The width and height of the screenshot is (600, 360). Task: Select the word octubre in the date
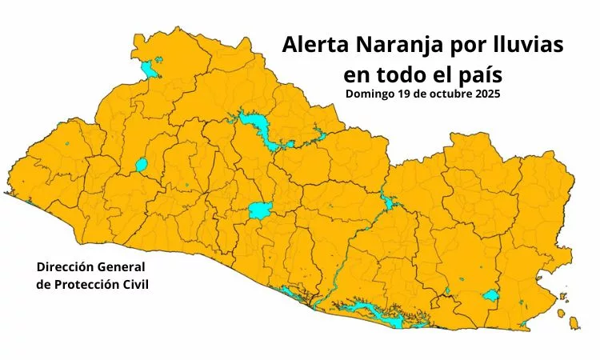coord(453,94)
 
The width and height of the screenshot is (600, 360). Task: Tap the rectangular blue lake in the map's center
coord(259,210)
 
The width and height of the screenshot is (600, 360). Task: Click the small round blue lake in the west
coord(142,166)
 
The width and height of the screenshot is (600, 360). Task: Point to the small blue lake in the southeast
coord(491,296)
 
